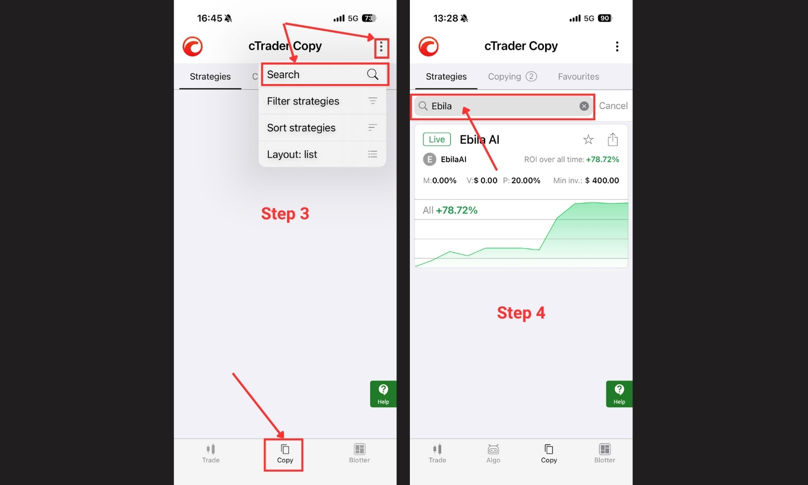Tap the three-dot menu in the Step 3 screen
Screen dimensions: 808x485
pyautogui.click(x=381, y=47)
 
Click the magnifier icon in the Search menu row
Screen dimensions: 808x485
pyautogui.click(x=373, y=74)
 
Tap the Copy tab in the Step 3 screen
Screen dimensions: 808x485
pyautogui.click(x=285, y=454)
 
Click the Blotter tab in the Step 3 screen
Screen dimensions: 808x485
pyautogui.click(x=359, y=454)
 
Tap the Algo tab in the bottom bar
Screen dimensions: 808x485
pyautogui.click(x=493, y=454)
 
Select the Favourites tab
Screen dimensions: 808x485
pyautogui.click(x=578, y=77)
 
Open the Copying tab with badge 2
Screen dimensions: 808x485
pyautogui.click(x=512, y=77)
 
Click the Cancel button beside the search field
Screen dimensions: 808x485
pyautogui.click(x=613, y=106)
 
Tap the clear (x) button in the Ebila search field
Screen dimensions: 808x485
pyautogui.click(x=584, y=106)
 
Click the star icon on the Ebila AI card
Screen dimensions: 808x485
pyautogui.click(x=588, y=139)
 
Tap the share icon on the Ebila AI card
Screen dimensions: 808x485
pyautogui.click(x=612, y=139)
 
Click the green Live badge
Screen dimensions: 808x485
pyautogui.click(x=437, y=139)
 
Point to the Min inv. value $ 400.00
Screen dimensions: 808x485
pyautogui.click(x=602, y=181)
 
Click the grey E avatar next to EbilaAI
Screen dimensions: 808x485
pyautogui.click(x=430, y=160)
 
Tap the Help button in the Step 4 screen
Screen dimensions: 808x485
pyautogui.click(x=619, y=394)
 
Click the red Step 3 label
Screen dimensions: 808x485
pyautogui.click(x=285, y=213)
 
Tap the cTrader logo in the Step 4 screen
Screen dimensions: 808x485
pyautogui.click(x=429, y=46)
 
